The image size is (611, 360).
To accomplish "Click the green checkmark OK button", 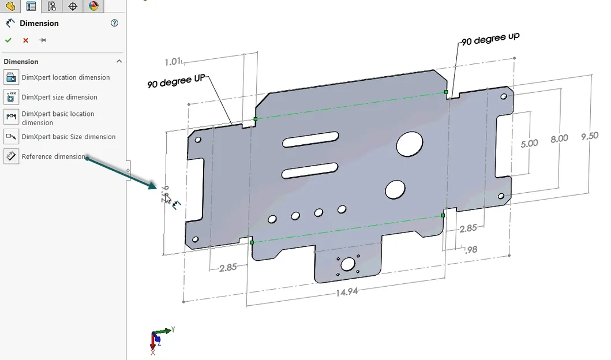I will [8, 40].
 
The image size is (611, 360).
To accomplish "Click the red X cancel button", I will [25, 40].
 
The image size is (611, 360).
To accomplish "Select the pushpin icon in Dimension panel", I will [42, 40].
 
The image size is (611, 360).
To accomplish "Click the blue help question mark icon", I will [114, 23].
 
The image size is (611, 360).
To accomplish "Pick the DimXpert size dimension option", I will [59, 97].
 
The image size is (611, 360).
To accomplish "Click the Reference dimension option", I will [53, 156].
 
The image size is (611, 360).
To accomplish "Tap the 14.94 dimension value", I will [347, 291].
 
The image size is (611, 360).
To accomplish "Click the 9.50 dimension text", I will [590, 136].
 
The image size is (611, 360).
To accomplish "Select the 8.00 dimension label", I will [559, 138].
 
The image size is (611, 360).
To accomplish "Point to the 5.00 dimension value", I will [529, 143].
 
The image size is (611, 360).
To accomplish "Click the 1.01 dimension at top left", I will [173, 61].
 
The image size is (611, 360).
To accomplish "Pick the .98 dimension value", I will [471, 249].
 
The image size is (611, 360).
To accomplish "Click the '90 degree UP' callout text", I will [176, 81].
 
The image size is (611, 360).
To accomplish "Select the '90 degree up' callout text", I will [490, 40].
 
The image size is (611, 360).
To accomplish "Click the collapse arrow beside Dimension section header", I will [119, 62].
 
